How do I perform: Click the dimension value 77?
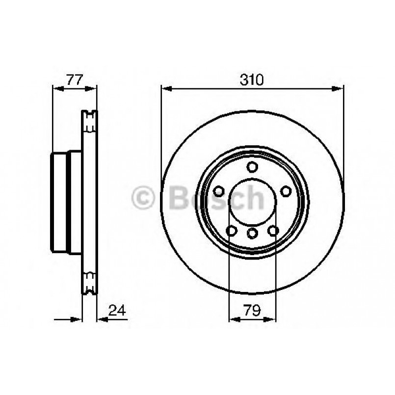click(75, 79)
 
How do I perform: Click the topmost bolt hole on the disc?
click(252, 167)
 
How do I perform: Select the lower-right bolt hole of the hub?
click(273, 230)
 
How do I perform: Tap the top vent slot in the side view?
click(89, 121)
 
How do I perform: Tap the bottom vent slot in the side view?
click(89, 283)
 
